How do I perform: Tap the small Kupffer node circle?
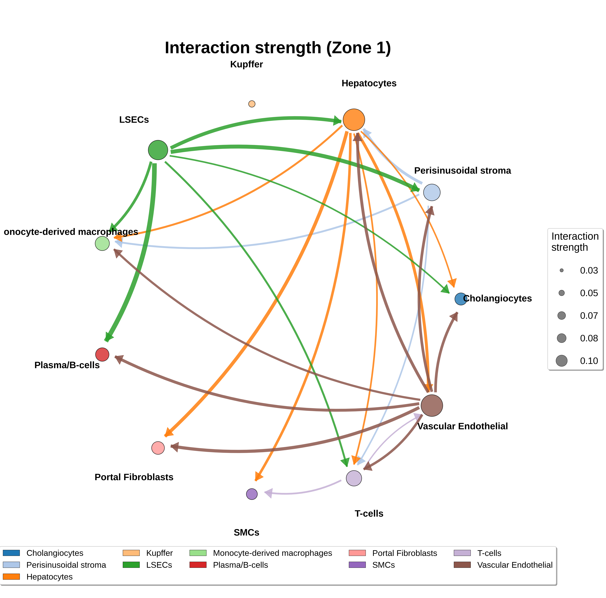252,104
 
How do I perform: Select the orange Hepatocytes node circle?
354,119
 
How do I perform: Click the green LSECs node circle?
158,150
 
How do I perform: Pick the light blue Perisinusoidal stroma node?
432,192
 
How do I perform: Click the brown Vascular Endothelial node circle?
432,405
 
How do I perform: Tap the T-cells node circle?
354,478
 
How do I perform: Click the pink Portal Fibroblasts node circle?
158,448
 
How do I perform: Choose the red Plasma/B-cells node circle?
102,355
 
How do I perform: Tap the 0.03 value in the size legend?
589,270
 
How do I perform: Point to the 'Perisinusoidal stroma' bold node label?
463,171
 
